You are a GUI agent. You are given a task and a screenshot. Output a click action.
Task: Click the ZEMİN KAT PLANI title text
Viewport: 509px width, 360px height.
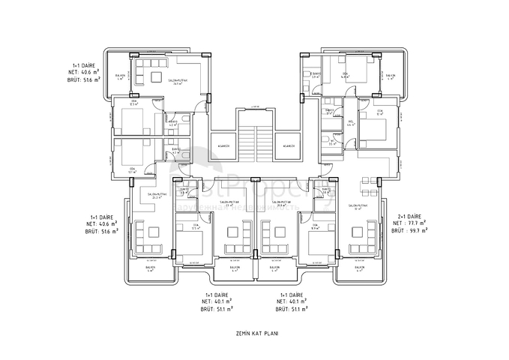pos(257,333)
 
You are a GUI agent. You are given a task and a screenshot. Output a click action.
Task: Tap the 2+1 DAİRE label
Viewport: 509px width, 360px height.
pos(410,216)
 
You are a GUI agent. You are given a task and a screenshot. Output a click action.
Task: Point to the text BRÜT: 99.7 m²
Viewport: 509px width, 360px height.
pos(411,231)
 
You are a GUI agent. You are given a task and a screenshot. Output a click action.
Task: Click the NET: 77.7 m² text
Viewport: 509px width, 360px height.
pos(411,223)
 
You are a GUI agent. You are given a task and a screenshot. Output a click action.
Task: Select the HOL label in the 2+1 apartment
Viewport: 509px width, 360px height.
pos(352,123)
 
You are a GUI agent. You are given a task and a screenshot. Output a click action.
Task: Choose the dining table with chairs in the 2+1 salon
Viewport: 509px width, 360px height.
pos(367,183)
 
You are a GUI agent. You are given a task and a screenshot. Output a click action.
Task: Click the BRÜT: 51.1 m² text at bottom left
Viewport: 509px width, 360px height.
pos(217,309)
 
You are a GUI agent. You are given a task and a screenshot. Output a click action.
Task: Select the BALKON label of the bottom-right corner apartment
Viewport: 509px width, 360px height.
pos(358,268)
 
